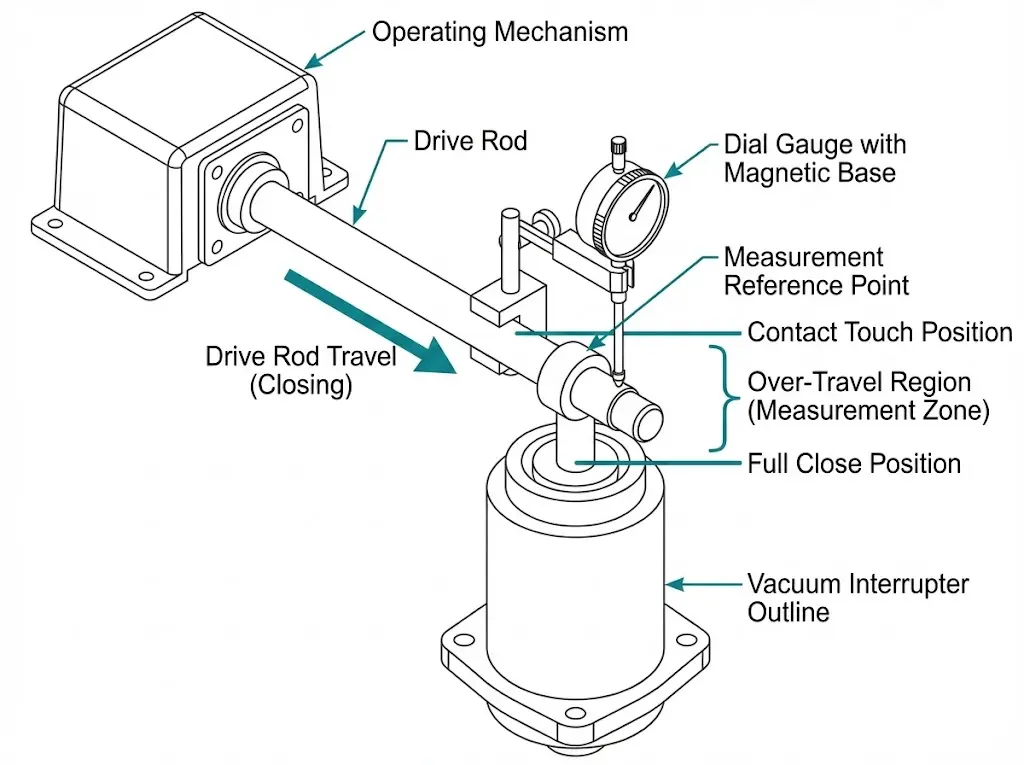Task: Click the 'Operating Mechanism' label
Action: pyautogui.click(x=499, y=32)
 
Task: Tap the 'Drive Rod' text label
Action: pyautogui.click(x=470, y=141)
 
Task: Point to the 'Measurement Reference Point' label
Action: pyautogui.click(x=816, y=272)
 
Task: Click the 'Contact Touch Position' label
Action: pyautogui.click(x=880, y=332)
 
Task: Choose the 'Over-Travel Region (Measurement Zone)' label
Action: pyautogui.click(x=868, y=397)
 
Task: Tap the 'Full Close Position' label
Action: pyautogui.click(x=854, y=464)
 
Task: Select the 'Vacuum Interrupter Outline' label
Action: pyautogui.click(x=858, y=598)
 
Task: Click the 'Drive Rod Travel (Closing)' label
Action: pyautogui.click(x=301, y=371)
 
